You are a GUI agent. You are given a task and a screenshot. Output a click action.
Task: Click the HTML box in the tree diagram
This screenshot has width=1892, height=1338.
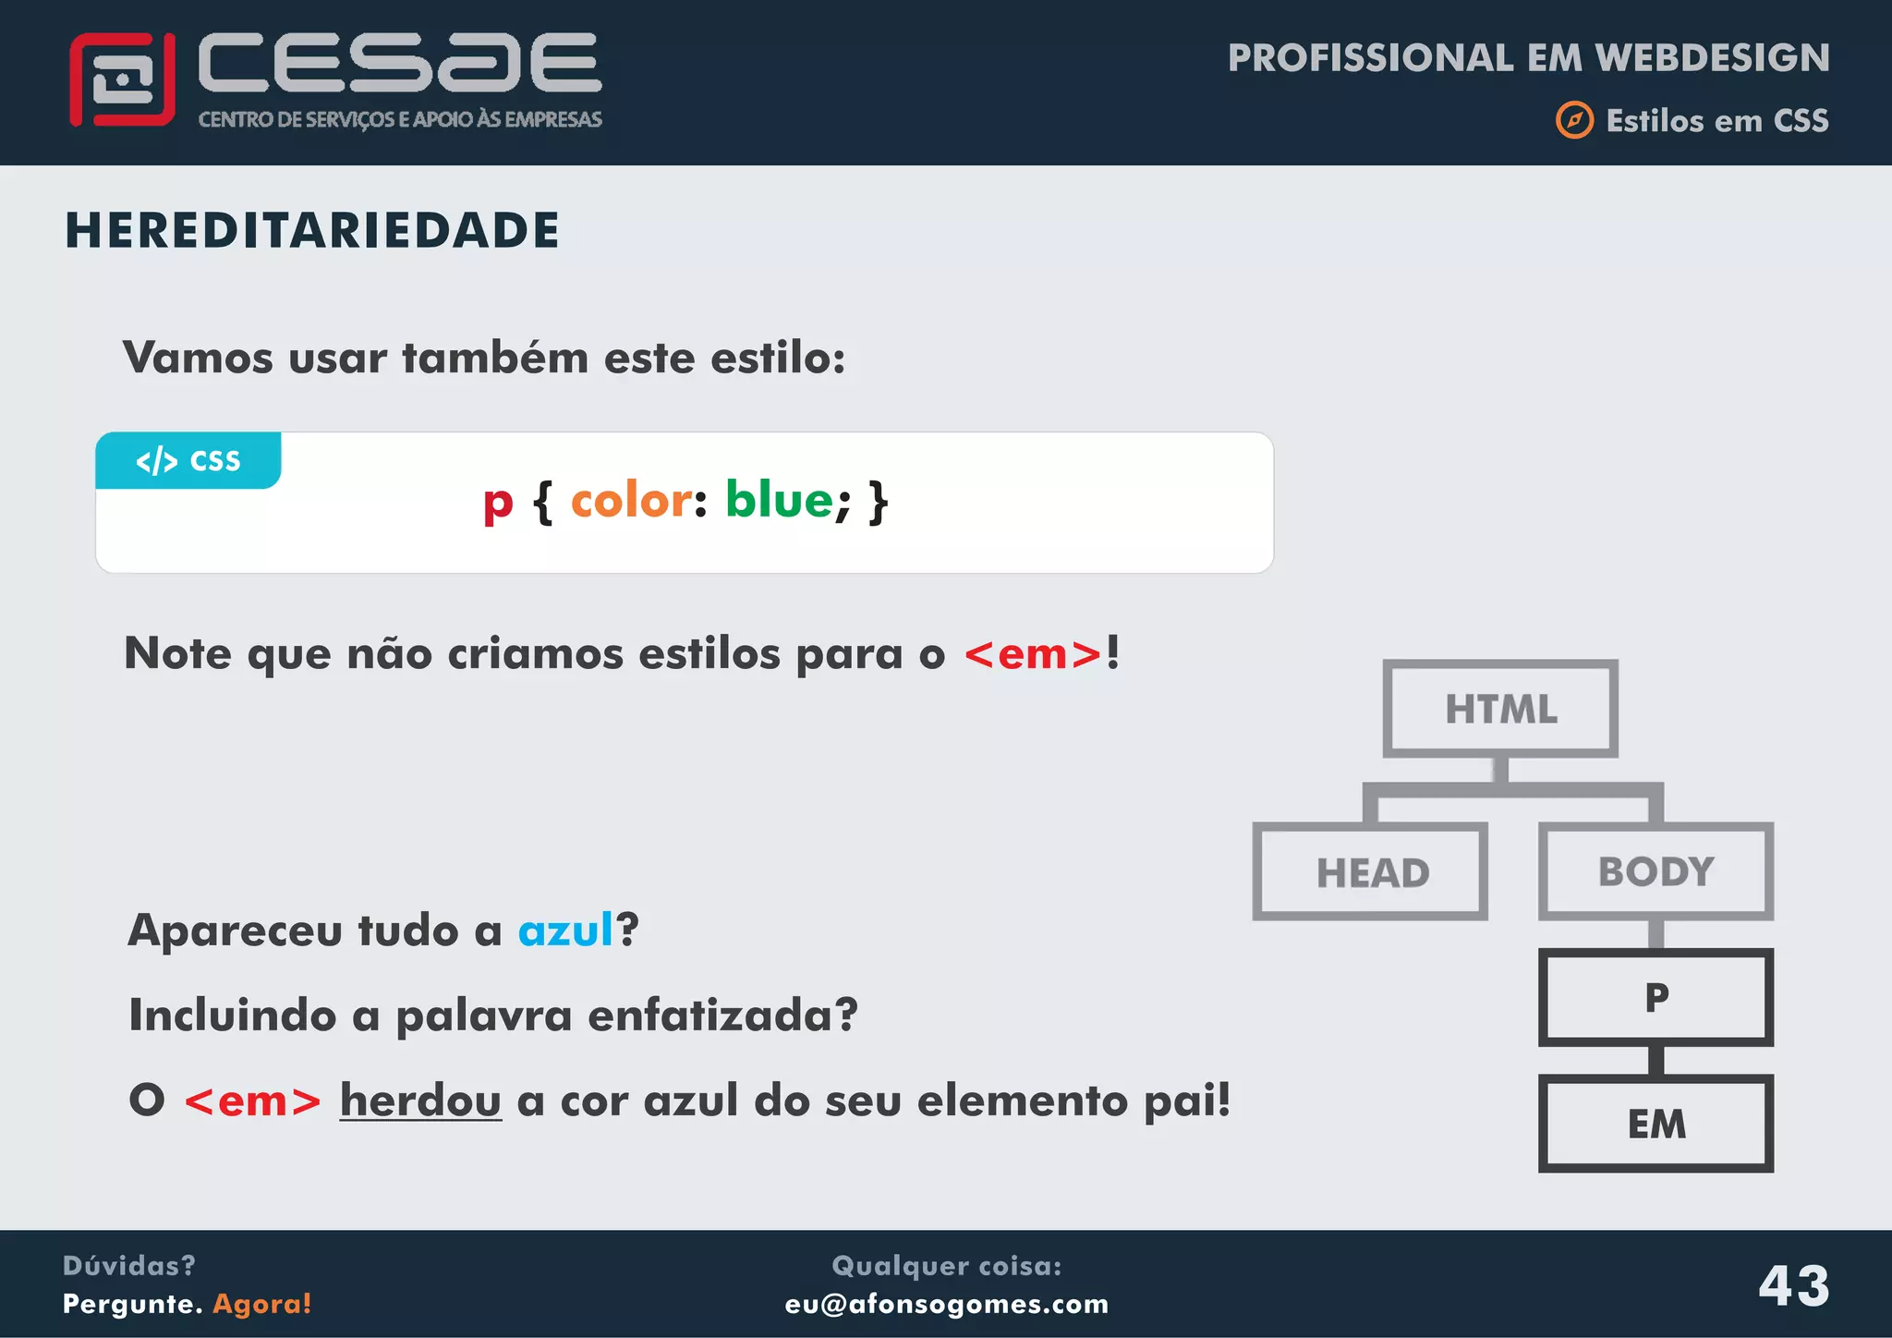1500,709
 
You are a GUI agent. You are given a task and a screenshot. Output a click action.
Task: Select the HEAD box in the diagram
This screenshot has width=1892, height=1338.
1370,871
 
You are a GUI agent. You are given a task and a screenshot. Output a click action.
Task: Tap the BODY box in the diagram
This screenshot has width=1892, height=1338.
1655,871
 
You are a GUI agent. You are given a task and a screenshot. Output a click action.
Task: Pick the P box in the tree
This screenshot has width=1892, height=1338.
1655,997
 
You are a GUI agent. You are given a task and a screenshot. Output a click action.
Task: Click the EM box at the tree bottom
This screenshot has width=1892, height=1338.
1655,1124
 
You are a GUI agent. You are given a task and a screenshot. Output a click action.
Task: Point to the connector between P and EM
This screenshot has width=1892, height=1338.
1655,1060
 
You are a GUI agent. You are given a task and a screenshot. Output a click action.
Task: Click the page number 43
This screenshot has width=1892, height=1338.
1793,1285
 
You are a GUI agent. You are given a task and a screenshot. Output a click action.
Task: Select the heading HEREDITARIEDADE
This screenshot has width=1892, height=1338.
312,230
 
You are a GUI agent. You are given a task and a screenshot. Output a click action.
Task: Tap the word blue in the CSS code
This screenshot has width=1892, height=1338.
779,500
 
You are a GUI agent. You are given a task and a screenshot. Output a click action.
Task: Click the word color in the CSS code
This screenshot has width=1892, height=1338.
631,501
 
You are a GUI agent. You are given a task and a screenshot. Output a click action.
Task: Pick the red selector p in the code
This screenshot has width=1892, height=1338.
497,504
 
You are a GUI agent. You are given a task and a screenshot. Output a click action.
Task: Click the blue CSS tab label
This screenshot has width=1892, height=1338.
188,460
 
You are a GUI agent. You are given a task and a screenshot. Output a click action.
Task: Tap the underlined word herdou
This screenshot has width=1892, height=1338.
420,1100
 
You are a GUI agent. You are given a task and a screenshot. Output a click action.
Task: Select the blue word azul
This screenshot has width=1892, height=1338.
565,930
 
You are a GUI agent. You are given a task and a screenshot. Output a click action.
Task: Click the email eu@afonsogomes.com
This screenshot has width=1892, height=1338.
946,1304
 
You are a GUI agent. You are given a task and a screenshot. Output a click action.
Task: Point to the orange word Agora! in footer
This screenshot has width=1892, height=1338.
262,1304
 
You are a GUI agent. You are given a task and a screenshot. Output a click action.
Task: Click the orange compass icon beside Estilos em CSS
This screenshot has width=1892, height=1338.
1574,120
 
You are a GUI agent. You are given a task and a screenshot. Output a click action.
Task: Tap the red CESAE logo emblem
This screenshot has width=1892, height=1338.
122,79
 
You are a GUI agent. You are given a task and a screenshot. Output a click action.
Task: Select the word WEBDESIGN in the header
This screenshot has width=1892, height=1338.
1712,57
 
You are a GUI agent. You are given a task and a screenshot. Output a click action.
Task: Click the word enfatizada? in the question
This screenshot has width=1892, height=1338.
722,1015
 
